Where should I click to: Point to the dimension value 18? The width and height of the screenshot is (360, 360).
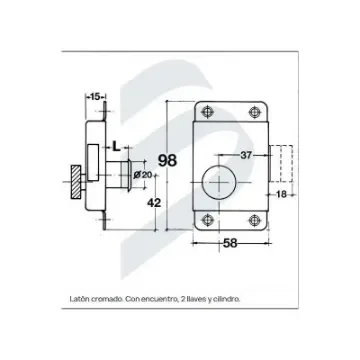(281, 195)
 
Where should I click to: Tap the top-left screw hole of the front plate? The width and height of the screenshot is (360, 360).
(207, 111)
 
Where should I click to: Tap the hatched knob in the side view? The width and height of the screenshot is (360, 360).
(76, 188)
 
